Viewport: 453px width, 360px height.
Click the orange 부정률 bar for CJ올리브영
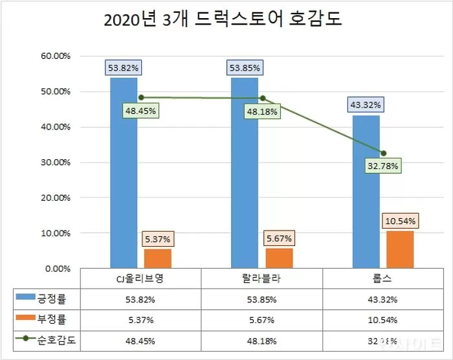pos(157,258)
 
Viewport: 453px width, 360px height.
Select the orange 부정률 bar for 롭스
pos(399,249)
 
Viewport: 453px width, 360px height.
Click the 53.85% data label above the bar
pos(244,67)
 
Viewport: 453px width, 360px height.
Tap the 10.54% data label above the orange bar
pos(399,221)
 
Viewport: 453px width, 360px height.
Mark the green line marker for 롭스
pos(383,153)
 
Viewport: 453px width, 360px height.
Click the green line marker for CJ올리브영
pos(140,98)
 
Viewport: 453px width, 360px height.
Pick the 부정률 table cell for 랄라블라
pos(261,320)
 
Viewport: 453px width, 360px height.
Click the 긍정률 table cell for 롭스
pos(382,300)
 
